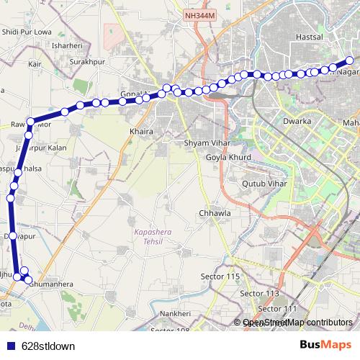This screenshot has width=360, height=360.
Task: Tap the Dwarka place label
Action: click(x=297, y=122)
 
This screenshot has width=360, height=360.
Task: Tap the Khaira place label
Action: click(x=140, y=132)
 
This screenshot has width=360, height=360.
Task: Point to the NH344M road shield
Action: click(x=199, y=15)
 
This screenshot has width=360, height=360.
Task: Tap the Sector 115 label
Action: click(x=220, y=276)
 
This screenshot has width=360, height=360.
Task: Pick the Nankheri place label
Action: click(x=174, y=314)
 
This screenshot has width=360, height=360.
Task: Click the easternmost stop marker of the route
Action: click(x=349, y=61)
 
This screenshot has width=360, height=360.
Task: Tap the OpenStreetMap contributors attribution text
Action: click(x=297, y=323)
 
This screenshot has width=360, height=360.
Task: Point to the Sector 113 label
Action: click(x=259, y=293)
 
